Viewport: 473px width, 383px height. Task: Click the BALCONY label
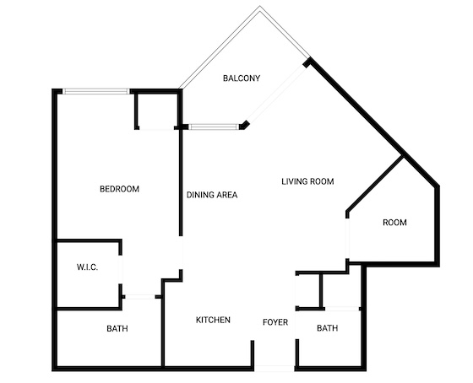point(242,78)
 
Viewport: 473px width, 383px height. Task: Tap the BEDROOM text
point(119,189)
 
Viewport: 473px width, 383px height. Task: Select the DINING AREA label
point(212,195)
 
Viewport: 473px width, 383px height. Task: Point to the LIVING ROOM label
point(307,181)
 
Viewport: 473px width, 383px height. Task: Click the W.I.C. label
point(88,267)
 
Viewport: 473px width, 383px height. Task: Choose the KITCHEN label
point(213,320)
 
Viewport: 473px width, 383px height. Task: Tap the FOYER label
point(275,322)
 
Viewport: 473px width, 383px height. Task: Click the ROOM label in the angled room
point(394,223)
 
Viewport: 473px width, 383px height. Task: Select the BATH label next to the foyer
point(328,328)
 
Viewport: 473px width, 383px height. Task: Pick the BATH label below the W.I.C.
point(117,328)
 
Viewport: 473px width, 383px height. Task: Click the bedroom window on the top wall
point(96,91)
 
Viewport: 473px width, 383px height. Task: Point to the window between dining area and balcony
point(214,127)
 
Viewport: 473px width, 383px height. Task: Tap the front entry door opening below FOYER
point(275,368)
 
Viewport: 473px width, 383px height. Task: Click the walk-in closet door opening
point(120,269)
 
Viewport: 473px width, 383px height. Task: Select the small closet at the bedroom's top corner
point(156,110)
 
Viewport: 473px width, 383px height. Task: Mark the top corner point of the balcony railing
point(260,7)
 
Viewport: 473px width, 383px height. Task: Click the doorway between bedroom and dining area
point(181,252)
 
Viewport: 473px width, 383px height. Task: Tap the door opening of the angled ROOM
point(347,239)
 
